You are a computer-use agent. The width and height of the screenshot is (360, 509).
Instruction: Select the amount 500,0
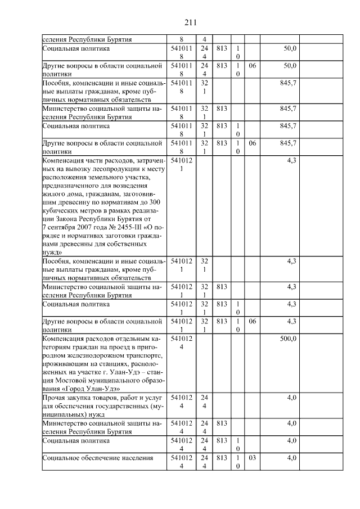288,339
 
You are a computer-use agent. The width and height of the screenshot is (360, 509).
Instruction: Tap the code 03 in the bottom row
252,458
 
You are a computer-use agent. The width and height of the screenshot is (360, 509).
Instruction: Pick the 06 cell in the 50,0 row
252,66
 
